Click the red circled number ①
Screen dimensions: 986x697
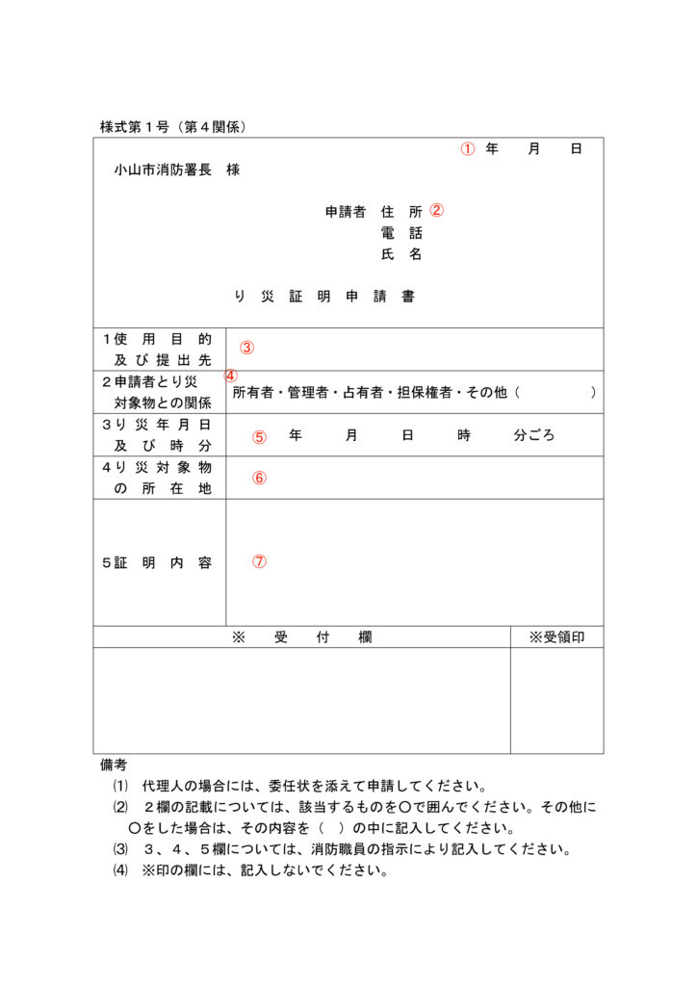(467, 149)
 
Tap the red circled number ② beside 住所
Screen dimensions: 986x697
(436, 210)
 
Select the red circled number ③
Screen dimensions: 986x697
(247, 348)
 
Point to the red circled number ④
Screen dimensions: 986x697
(231, 376)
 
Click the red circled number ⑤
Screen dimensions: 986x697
(259, 436)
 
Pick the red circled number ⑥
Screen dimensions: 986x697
(259, 478)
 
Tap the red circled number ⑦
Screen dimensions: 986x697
(259, 561)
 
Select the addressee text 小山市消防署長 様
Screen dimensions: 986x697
(176, 170)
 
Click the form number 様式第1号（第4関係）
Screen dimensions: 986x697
(173, 126)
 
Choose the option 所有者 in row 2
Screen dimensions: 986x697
(252, 393)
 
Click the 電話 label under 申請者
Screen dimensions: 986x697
(401, 233)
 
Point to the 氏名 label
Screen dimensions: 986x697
(401, 255)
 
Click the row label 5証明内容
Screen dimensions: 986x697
(157, 563)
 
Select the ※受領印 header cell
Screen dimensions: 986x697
(556, 637)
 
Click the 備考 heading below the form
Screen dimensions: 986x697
(114, 765)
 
